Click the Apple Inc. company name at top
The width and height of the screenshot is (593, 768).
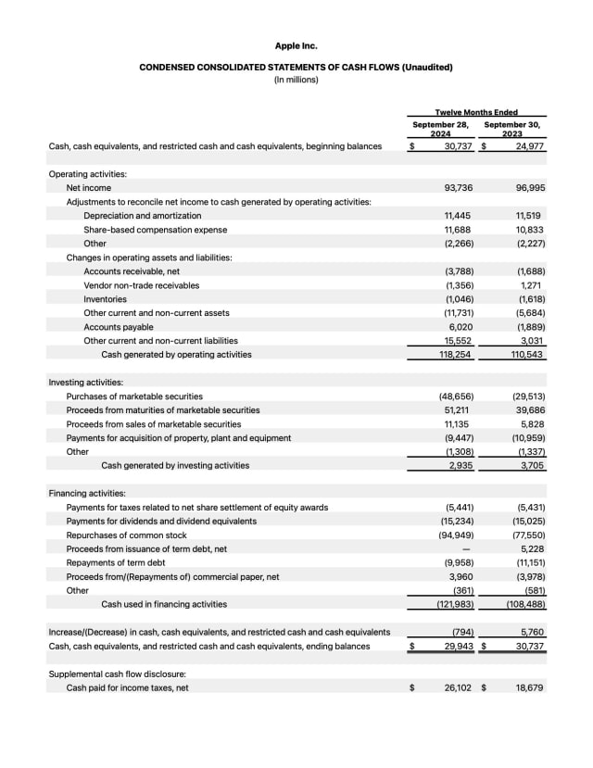coord(296,44)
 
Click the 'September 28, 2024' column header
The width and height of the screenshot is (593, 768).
coord(441,128)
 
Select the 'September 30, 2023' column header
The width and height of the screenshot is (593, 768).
coord(512,128)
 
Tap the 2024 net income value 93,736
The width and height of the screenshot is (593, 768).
coord(459,188)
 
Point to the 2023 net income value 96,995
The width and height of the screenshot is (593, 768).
coord(529,188)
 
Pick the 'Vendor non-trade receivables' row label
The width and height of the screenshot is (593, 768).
coord(141,285)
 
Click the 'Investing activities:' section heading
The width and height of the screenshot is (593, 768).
coord(85,382)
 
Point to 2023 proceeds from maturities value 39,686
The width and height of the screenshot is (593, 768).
coord(529,409)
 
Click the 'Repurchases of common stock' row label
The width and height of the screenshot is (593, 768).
coord(126,535)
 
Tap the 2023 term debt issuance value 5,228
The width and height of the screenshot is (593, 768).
coord(532,548)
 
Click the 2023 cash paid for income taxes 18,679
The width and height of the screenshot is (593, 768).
coord(529,687)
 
